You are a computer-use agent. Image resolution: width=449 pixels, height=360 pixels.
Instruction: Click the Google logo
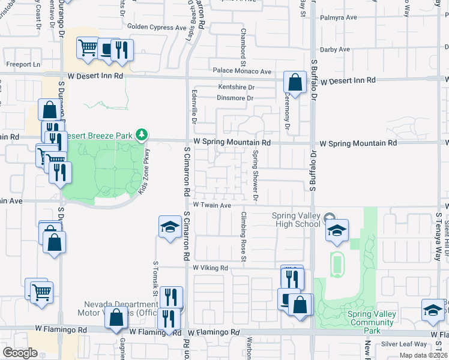20,353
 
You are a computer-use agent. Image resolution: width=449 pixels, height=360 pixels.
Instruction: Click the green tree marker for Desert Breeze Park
142,134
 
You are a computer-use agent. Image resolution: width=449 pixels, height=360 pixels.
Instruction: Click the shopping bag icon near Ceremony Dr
295,82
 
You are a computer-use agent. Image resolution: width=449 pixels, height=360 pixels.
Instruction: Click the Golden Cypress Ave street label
157,28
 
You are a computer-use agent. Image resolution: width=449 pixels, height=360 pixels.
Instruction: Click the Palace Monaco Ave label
240,71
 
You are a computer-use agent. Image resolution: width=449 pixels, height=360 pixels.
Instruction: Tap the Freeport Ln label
23,64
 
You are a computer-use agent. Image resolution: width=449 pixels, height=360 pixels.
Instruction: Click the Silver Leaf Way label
404,344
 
